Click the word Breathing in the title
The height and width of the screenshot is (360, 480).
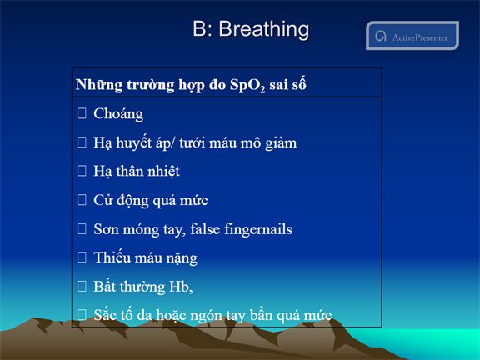coord(264,30)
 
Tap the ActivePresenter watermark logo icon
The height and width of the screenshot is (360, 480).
coord(381,37)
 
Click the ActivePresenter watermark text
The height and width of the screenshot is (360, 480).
coord(420,37)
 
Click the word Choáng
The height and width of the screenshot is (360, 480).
coord(118,114)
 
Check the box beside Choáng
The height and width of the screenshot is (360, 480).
coord(82,113)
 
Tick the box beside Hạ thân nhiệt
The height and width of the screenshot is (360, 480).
coord(82,171)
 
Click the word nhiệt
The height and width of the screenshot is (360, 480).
coord(164,171)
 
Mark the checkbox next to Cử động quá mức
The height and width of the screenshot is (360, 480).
coord(82,200)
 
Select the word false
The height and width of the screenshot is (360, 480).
coord(205,228)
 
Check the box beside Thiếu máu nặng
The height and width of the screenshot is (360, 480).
coord(82,257)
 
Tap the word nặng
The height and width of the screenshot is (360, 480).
coord(182,258)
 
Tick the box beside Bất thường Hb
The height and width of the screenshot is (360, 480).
coord(82,286)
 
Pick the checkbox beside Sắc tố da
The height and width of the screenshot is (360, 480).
coord(82,314)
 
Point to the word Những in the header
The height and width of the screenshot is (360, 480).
coord(99,85)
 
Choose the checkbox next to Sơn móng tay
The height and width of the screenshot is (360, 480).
coord(82,228)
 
